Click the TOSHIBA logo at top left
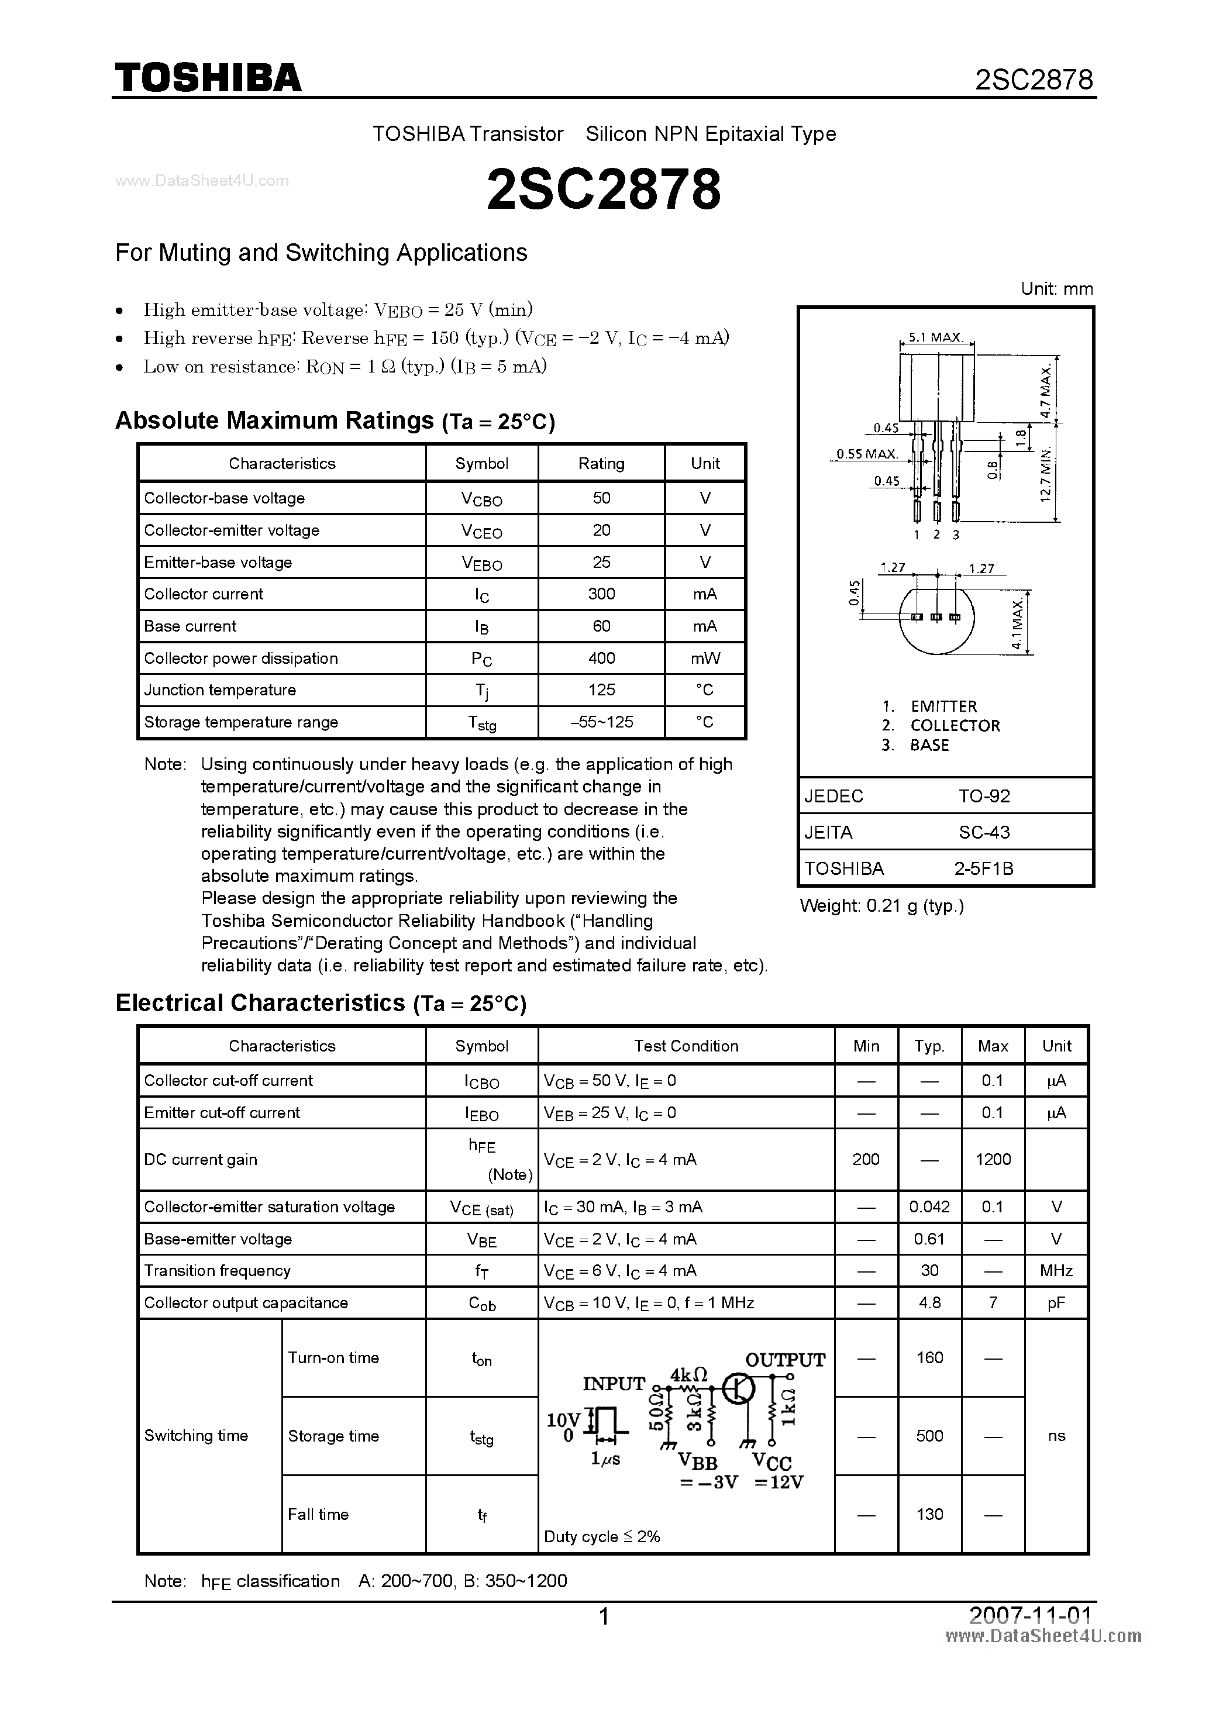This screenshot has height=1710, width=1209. pyautogui.click(x=208, y=77)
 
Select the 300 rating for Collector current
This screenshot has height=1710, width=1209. pyautogui.click(x=601, y=594)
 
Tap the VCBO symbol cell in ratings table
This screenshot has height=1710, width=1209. pyautogui.click(x=481, y=499)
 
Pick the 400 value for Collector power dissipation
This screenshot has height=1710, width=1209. pyautogui.click(x=601, y=658)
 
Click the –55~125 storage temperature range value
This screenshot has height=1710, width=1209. pyautogui.click(x=601, y=722)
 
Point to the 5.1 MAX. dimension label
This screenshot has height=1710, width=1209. pyautogui.click(x=936, y=337)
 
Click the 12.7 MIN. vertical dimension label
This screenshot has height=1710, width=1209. pyautogui.click(x=1046, y=474)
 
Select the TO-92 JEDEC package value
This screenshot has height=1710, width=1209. pyautogui.click(x=983, y=796)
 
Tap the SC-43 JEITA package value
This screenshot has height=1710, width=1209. pyautogui.click(x=983, y=832)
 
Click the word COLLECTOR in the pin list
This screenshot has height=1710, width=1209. pyautogui.click(x=954, y=725)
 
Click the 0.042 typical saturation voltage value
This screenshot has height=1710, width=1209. pyautogui.click(x=929, y=1206)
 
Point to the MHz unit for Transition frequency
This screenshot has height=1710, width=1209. pyautogui.click(x=1056, y=1271)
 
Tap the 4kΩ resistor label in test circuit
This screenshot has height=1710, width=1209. pyautogui.click(x=688, y=1374)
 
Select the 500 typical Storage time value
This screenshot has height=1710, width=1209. pyautogui.click(x=929, y=1435)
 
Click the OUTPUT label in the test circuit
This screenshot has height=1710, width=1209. pyautogui.click(x=784, y=1360)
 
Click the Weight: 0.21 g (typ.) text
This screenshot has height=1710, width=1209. pyautogui.click(x=881, y=906)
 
